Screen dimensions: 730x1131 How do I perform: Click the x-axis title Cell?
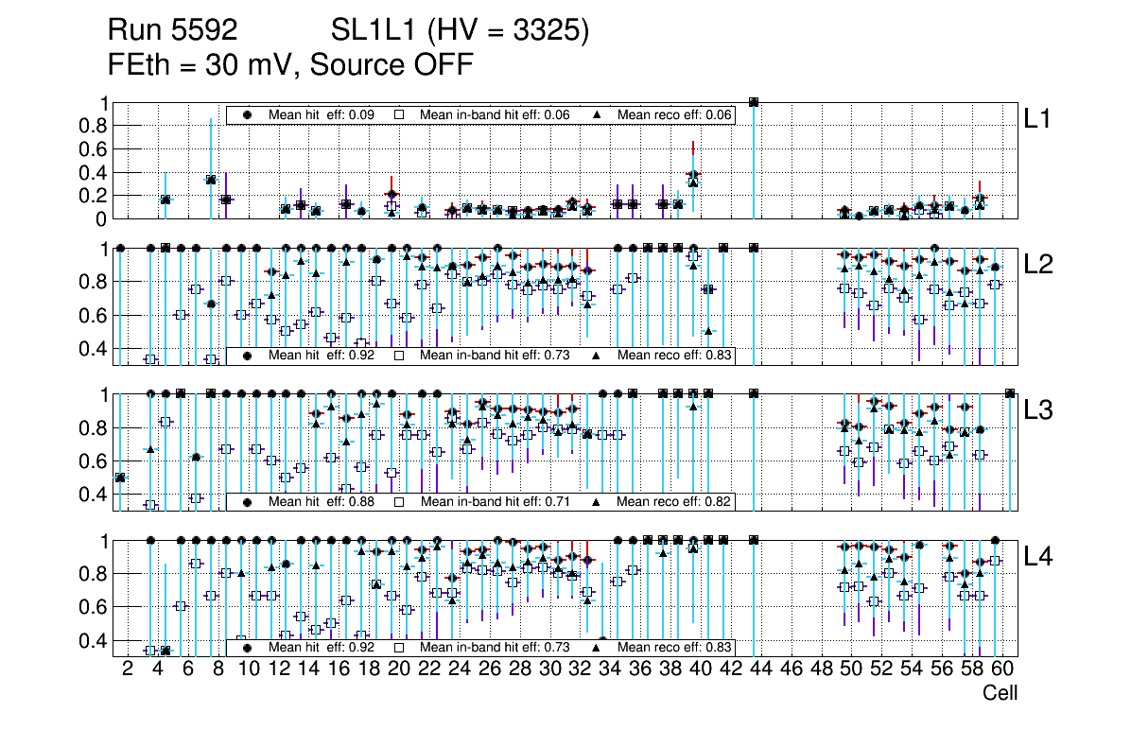(x=1000, y=693)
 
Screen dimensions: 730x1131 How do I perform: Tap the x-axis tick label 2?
(x=128, y=670)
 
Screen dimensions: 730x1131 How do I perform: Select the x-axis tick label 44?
(x=761, y=670)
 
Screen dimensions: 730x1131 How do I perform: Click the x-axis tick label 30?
(x=549, y=670)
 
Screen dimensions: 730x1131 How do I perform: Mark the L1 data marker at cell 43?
(x=754, y=102)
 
